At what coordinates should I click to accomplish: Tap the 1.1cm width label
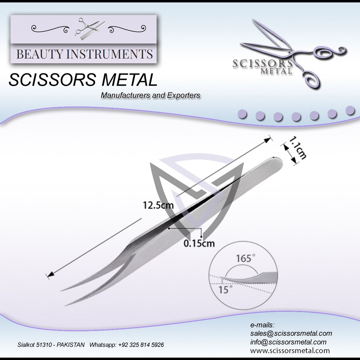pyautogui.click(x=298, y=148)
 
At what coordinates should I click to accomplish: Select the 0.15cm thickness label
pyautogui.click(x=199, y=243)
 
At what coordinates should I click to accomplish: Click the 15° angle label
pyautogui.click(x=224, y=289)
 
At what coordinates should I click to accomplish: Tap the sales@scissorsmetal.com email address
pyautogui.click(x=291, y=333)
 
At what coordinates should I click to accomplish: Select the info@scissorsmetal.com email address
pyautogui.click(x=288, y=342)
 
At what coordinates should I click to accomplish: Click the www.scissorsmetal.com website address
pyautogui.click(x=290, y=350)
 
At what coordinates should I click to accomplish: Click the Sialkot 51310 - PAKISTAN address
pyautogui.click(x=51, y=345)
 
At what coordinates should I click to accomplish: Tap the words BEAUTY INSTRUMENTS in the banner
pyautogui.click(x=85, y=54)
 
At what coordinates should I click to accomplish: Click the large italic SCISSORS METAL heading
pyautogui.click(x=83, y=80)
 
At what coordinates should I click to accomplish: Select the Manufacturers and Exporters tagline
pyautogui.click(x=150, y=96)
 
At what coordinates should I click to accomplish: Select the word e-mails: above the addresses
pyautogui.click(x=262, y=325)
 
